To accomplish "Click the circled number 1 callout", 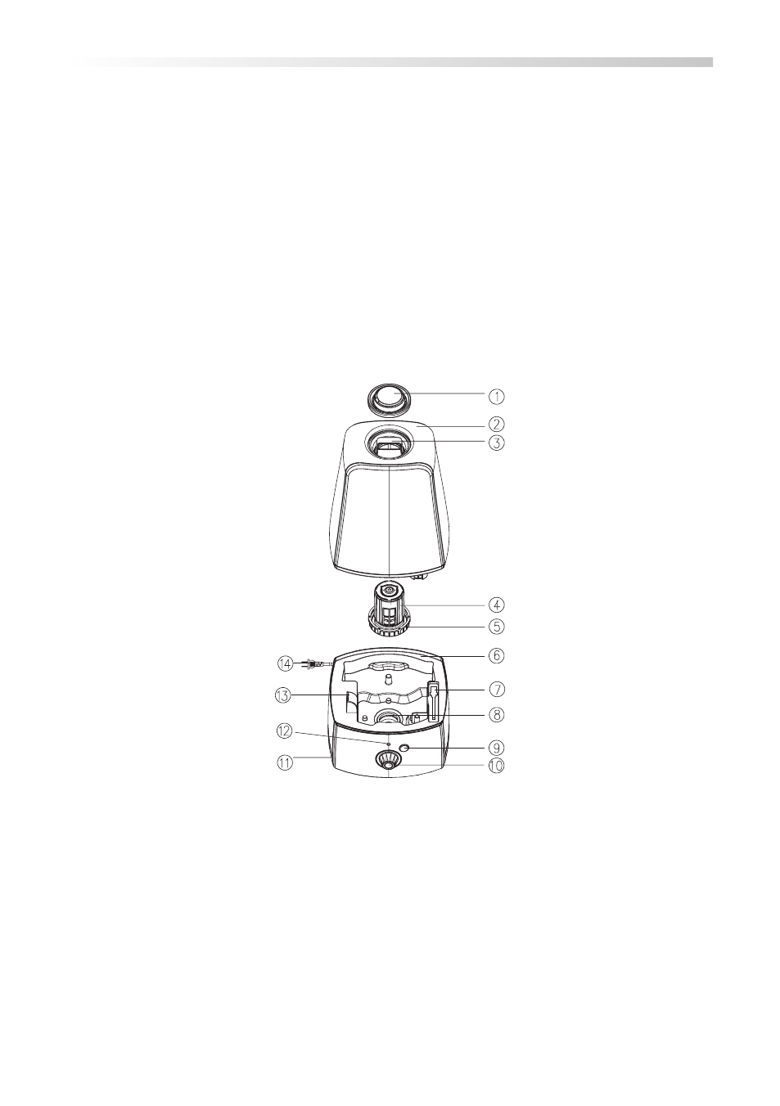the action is coord(497,396).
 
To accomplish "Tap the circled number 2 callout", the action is coord(497,424).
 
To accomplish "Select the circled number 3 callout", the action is coord(497,442).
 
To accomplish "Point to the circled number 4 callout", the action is coord(497,604).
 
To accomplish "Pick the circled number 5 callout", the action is coord(497,627).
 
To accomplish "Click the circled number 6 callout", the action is coord(497,656).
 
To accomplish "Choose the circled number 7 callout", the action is coord(497,689).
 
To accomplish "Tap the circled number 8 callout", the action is coord(497,714).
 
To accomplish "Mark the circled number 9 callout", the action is coord(497,748).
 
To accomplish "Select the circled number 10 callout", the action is coord(497,766).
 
